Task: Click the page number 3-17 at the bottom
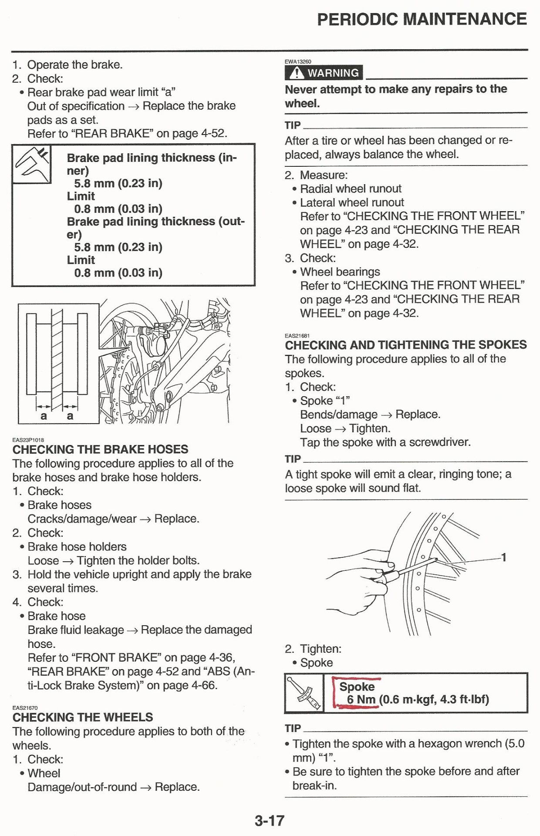pos(270,821)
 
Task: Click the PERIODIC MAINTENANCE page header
pos(422,19)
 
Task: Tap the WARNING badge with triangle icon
pos(324,73)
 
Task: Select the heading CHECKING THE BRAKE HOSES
pos(100,449)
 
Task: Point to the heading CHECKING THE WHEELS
pos(83,717)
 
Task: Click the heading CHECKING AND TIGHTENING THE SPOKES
pos(405,345)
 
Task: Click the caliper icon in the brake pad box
pos(31,164)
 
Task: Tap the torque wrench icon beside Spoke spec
pos(304,692)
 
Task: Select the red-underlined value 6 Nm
pos(361,699)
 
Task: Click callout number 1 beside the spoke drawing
pos(503,557)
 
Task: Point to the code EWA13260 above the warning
pos(298,62)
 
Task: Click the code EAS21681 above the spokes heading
pos(297,336)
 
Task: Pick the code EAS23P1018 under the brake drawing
pos(28,440)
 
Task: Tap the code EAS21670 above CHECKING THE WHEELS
pos(25,708)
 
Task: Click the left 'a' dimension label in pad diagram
pos(44,416)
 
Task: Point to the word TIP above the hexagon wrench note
pos(293,728)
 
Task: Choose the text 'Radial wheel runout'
pos(351,189)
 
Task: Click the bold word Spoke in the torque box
pos(357,687)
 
